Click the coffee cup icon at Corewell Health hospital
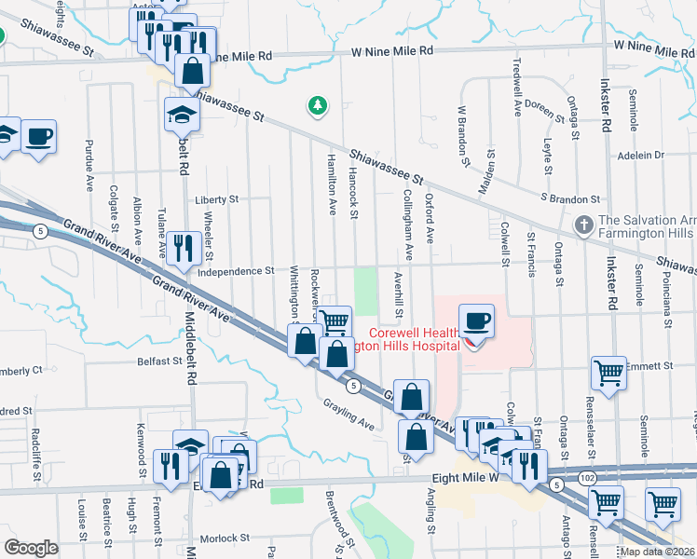[476, 321]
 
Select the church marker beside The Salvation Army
[583, 225]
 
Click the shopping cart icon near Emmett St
[608, 373]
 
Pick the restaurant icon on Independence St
[183, 247]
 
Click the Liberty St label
[217, 199]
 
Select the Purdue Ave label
[89, 170]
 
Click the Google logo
[31, 548]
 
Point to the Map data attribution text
[657, 552]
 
